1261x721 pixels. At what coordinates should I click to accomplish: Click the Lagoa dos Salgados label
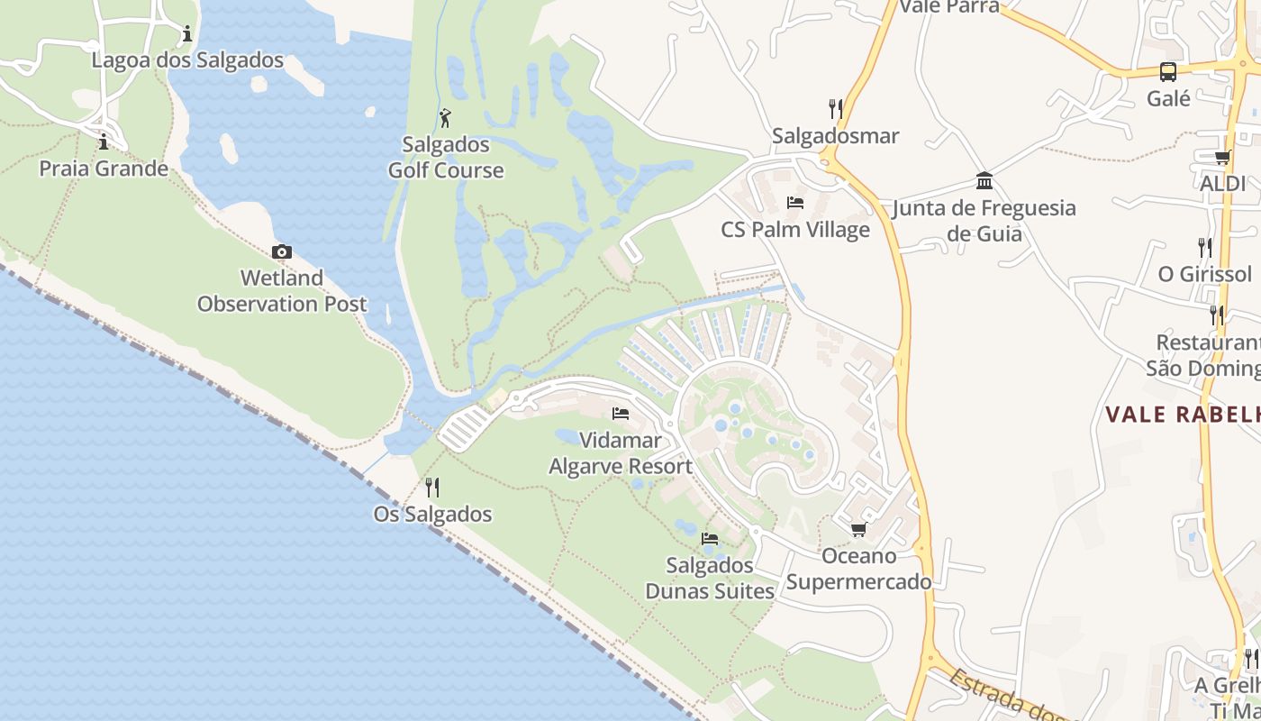pyautogui.click(x=187, y=61)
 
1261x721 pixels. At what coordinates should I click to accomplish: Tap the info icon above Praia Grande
pyautogui.click(x=104, y=141)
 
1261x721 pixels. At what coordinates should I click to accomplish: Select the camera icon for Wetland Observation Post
pyautogui.click(x=282, y=251)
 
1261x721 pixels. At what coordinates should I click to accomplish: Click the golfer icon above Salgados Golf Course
pyautogui.click(x=445, y=117)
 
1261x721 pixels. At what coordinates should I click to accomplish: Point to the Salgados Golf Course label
pyautogui.click(x=446, y=157)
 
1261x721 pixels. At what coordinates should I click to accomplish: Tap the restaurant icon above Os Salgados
pyautogui.click(x=432, y=488)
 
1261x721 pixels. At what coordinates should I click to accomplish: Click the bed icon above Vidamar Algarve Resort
pyautogui.click(x=621, y=414)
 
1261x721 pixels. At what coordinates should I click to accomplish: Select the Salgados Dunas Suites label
pyautogui.click(x=710, y=578)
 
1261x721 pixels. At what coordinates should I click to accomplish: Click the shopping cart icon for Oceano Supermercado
pyautogui.click(x=858, y=529)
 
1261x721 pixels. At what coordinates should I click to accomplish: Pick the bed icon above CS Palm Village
pyautogui.click(x=795, y=202)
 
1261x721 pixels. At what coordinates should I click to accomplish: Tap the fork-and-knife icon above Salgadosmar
pyautogui.click(x=836, y=109)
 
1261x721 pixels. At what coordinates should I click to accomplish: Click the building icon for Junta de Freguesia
pyautogui.click(x=984, y=180)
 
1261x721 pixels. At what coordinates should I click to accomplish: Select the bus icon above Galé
pyautogui.click(x=1168, y=72)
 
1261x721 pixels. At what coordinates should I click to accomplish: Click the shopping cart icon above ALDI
pyautogui.click(x=1222, y=158)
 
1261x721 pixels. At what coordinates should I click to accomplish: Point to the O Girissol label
pyautogui.click(x=1204, y=274)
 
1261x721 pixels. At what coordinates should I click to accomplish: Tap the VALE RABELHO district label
pyautogui.click(x=1183, y=415)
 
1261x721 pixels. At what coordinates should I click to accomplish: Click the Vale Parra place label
pyautogui.click(x=949, y=7)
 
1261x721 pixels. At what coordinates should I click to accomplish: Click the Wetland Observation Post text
pyautogui.click(x=282, y=290)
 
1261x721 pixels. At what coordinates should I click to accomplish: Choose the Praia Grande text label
pyautogui.click(x=104, y=169)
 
